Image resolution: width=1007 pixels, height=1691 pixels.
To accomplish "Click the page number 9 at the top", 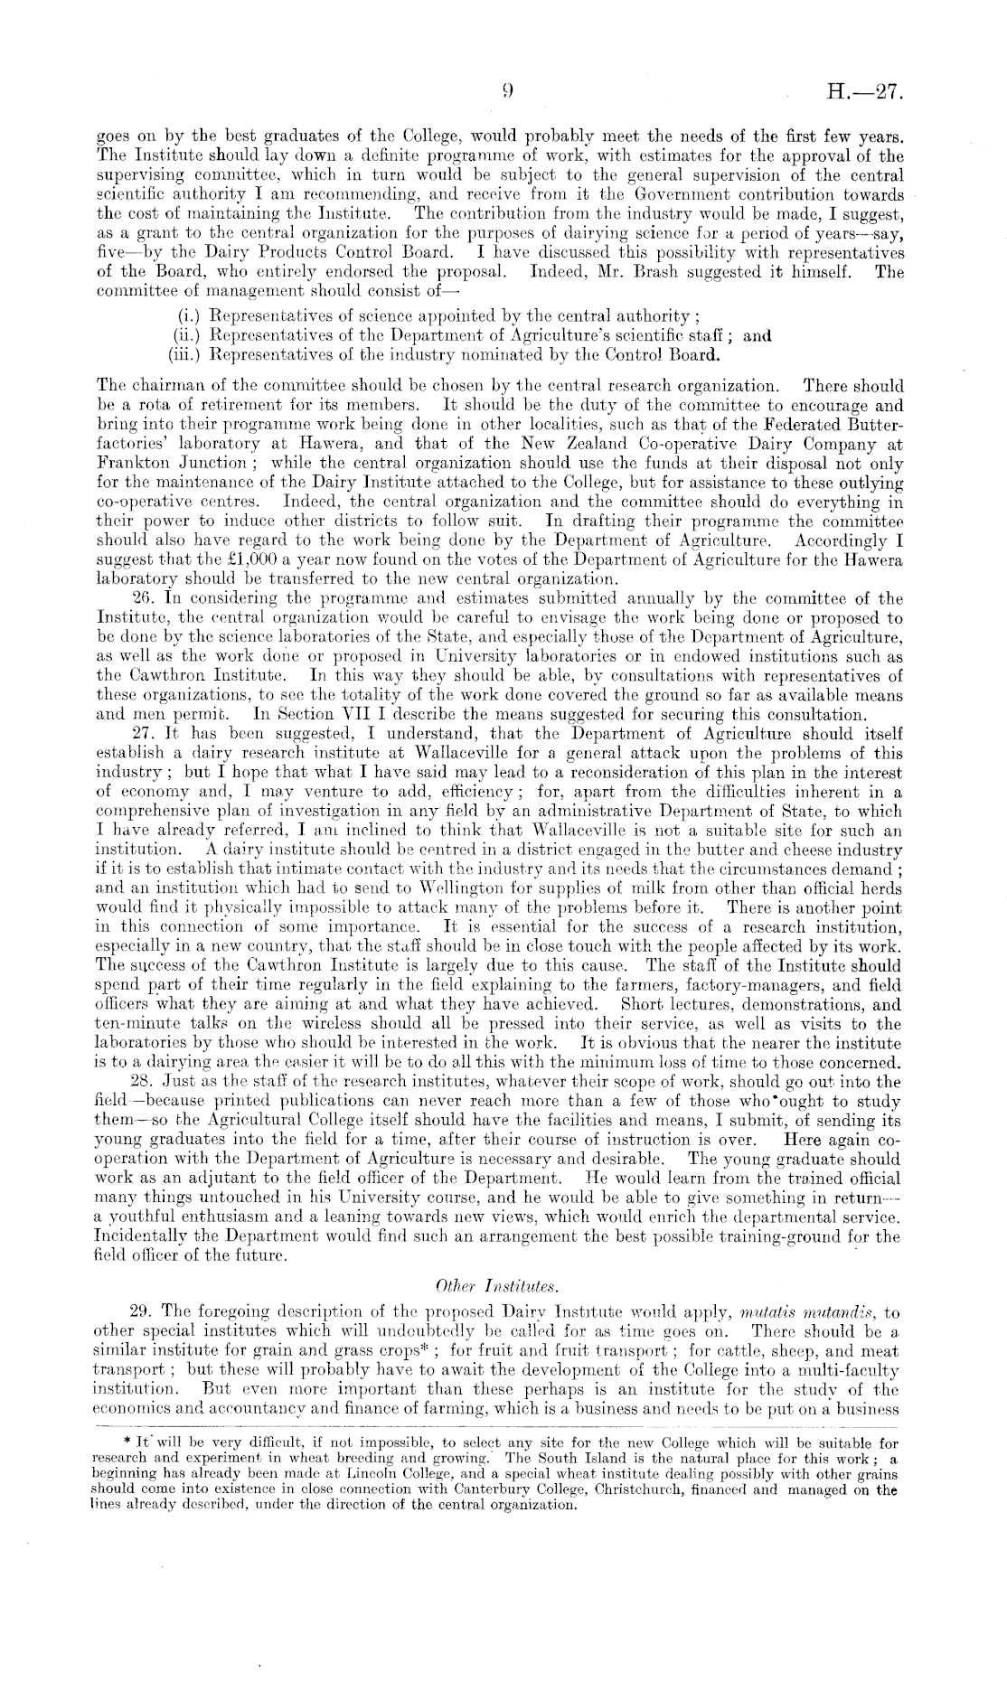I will [x=509, y=90].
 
